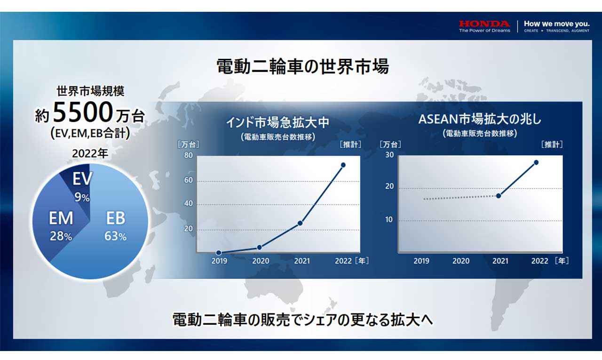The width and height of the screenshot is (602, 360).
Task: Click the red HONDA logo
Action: point(484,24)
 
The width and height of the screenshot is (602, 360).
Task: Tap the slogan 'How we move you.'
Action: point(556,24)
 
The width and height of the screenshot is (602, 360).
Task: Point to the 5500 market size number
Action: point(83,112)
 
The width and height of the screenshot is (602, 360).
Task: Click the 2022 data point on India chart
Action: point(343,165)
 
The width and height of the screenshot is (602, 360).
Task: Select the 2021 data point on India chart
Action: point(300,223)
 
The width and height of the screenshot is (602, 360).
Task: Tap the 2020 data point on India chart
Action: point(259,248)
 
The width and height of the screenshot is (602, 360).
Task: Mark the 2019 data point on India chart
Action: point(219,253)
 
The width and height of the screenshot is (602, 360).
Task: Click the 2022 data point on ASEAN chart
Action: point(536,162)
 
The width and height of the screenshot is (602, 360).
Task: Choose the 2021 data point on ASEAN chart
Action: point(499,196)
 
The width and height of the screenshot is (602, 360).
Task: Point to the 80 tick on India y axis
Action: point(189,155)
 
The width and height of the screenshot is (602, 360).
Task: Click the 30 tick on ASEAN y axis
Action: point(389,155)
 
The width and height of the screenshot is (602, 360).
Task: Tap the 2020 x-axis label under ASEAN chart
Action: point(461,261)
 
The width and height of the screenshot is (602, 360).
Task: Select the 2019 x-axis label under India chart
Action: point(219,261)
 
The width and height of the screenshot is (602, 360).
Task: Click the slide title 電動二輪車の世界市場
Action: point(303,66)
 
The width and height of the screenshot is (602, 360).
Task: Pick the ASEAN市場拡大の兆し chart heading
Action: point(480,119)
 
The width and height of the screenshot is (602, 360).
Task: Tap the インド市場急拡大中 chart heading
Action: point(278,123)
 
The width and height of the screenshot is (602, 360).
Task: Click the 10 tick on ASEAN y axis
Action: point(389,220)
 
